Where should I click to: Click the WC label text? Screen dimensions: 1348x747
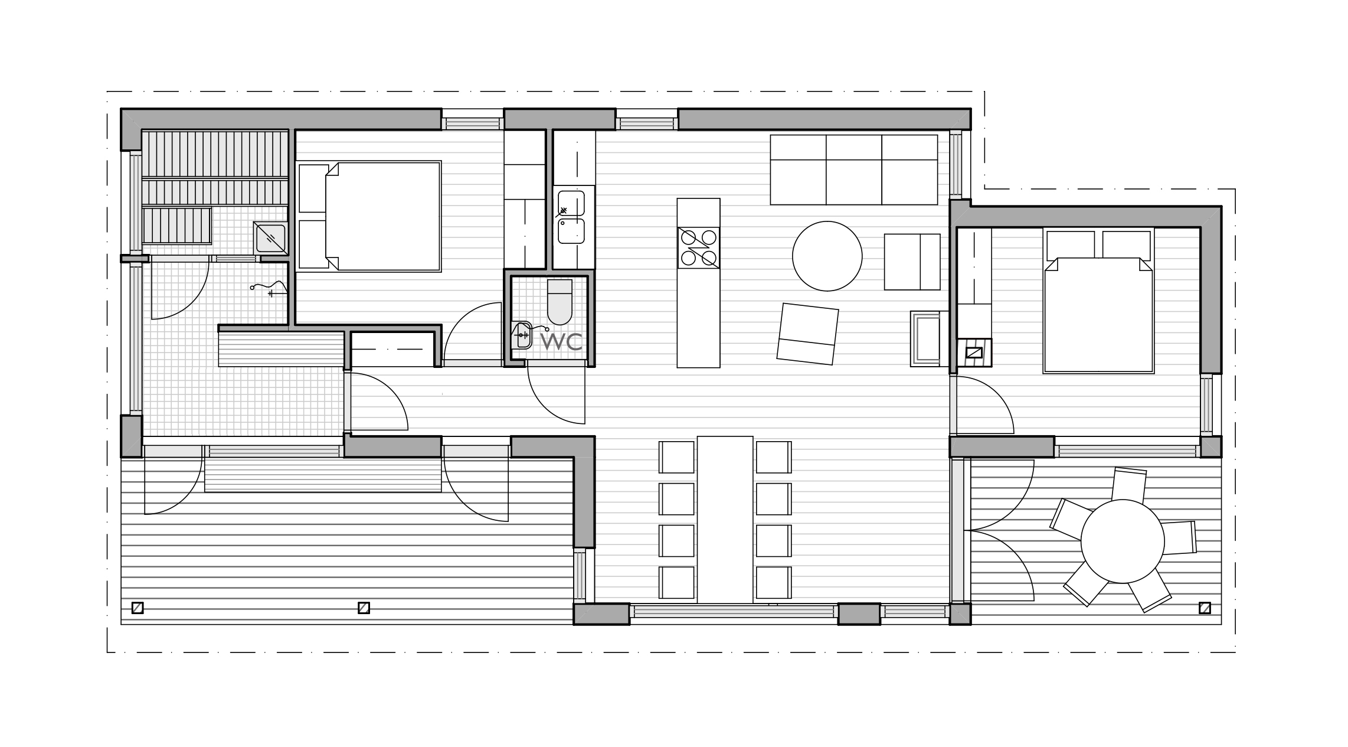coord(561,341)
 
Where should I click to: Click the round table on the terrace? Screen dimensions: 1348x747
coord(1122,541)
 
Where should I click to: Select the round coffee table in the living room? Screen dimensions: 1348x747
coord(827,256)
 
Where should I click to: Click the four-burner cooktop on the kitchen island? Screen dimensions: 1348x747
coord(698,248)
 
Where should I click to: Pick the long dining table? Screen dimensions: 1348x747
coord(725,520)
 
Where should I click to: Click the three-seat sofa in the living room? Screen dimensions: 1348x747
coord(853,170)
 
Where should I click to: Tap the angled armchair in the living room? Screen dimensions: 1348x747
coord(807,334)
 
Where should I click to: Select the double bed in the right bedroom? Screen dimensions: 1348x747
coord(1098,301)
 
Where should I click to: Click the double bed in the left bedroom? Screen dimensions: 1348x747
coord(369,217)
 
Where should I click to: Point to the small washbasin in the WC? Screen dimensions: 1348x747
coord(521,335)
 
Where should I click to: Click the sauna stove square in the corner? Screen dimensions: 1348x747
coord(270,238)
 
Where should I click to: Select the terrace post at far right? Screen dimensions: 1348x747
coord(1205,608)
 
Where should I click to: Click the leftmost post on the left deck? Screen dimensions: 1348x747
coord(138,608)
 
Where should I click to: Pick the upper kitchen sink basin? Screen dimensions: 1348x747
coord(571,203)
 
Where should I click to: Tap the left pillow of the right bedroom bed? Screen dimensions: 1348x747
coord(1071,245)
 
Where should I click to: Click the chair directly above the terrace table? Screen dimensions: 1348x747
coord(1128,485)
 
